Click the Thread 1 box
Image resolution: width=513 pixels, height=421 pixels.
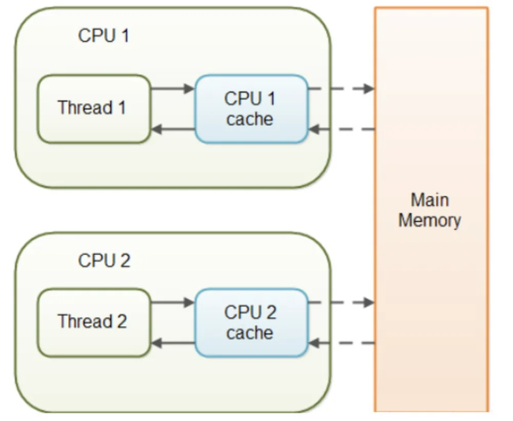(94, 109)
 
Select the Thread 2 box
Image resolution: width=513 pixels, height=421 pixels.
(94, 323)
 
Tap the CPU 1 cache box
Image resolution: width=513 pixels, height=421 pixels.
(251, 109)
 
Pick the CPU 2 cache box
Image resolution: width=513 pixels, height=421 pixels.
(251, 323)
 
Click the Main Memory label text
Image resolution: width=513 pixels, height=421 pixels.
(429, 210)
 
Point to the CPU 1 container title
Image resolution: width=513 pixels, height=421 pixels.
(104, 35)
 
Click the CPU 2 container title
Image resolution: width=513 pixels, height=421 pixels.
(104, 261)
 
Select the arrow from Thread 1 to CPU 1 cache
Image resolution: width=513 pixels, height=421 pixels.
(173, 88)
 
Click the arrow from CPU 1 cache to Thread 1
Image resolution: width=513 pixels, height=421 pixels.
(173, 129)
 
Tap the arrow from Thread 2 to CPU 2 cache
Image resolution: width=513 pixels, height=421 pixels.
(173, 302)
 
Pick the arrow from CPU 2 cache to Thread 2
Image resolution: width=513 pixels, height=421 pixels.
(173, 343)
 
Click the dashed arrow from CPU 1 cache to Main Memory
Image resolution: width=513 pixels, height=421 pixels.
(342, 88)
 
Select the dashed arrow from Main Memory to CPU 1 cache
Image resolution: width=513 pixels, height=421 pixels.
(342, 129)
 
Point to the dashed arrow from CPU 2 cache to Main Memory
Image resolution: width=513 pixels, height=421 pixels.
(342, 302)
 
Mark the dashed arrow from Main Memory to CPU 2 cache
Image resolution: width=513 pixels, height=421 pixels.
(342, 343)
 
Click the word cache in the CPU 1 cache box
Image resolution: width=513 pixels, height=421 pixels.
(250, 119)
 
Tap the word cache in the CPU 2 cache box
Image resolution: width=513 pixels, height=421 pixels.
(250, 333)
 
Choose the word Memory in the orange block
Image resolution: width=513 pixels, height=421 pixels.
(429, 220)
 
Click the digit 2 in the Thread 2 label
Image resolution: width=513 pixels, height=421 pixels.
(122, 321)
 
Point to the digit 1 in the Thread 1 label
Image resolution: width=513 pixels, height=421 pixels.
(122, 107)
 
